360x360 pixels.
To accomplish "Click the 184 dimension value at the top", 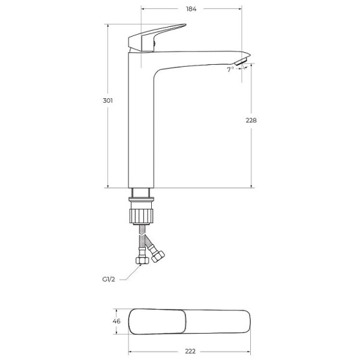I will coord(191,9).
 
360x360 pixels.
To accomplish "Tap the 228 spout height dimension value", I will coord(251,120).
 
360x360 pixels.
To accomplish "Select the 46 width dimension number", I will coord(116,321).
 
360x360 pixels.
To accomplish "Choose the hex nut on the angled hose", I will coord(160,256).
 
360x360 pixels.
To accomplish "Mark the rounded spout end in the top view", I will coord(243,321).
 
